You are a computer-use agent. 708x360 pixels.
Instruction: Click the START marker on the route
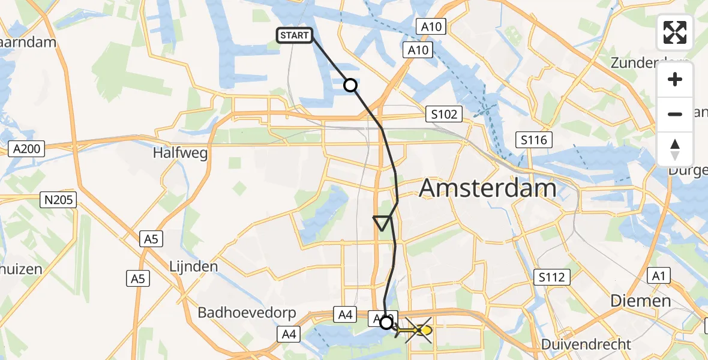pyautogui.click(x=294, y=35)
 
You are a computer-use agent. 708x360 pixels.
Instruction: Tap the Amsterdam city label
pyautogui.click(x=487, y=188)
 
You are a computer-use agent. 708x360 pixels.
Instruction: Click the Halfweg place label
pyautogui.click(x=181, y=153)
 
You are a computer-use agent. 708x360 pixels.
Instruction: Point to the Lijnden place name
pyautogui.click(x=193, y=266)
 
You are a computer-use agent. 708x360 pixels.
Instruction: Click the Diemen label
pyautogui.click(x=640, y=301)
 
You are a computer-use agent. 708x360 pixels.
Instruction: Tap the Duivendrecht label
pyautogui.click(x=586, y=344)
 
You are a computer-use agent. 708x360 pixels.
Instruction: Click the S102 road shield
pyautogui.click(x=443, y=114)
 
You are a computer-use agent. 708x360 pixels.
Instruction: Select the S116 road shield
pyautogui.click(x=534, y=140)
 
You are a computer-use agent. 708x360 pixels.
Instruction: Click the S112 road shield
pyautogui.click(x=551, y=277)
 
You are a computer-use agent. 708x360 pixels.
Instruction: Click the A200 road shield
pyautogui.click(x=28, y=149)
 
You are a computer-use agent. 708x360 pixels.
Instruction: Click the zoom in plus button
pyautogui.click(x=675, y=80)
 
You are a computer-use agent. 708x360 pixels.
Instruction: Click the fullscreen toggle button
pyautogui.click(x=675, y=32)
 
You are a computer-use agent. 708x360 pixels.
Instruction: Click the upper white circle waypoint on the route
pyautogui.click(x=350, y=86)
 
